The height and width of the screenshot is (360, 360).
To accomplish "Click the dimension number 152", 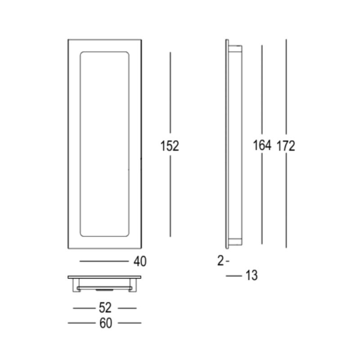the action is (170, 146).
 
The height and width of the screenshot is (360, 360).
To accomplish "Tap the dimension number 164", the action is (262, 145).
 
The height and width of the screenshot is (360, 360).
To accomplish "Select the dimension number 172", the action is (286, 146).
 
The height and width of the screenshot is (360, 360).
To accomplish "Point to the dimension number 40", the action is (140, 261).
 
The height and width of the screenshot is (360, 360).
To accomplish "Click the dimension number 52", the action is (105, 308).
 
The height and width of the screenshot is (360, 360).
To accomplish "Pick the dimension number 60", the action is (106, 323).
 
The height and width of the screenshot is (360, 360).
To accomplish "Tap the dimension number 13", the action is (252, 275).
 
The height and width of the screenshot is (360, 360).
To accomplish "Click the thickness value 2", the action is (220, 261).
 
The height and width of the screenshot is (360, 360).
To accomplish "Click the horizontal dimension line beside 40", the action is (104, 261).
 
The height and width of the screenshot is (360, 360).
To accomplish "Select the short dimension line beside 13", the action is (234, 276).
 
